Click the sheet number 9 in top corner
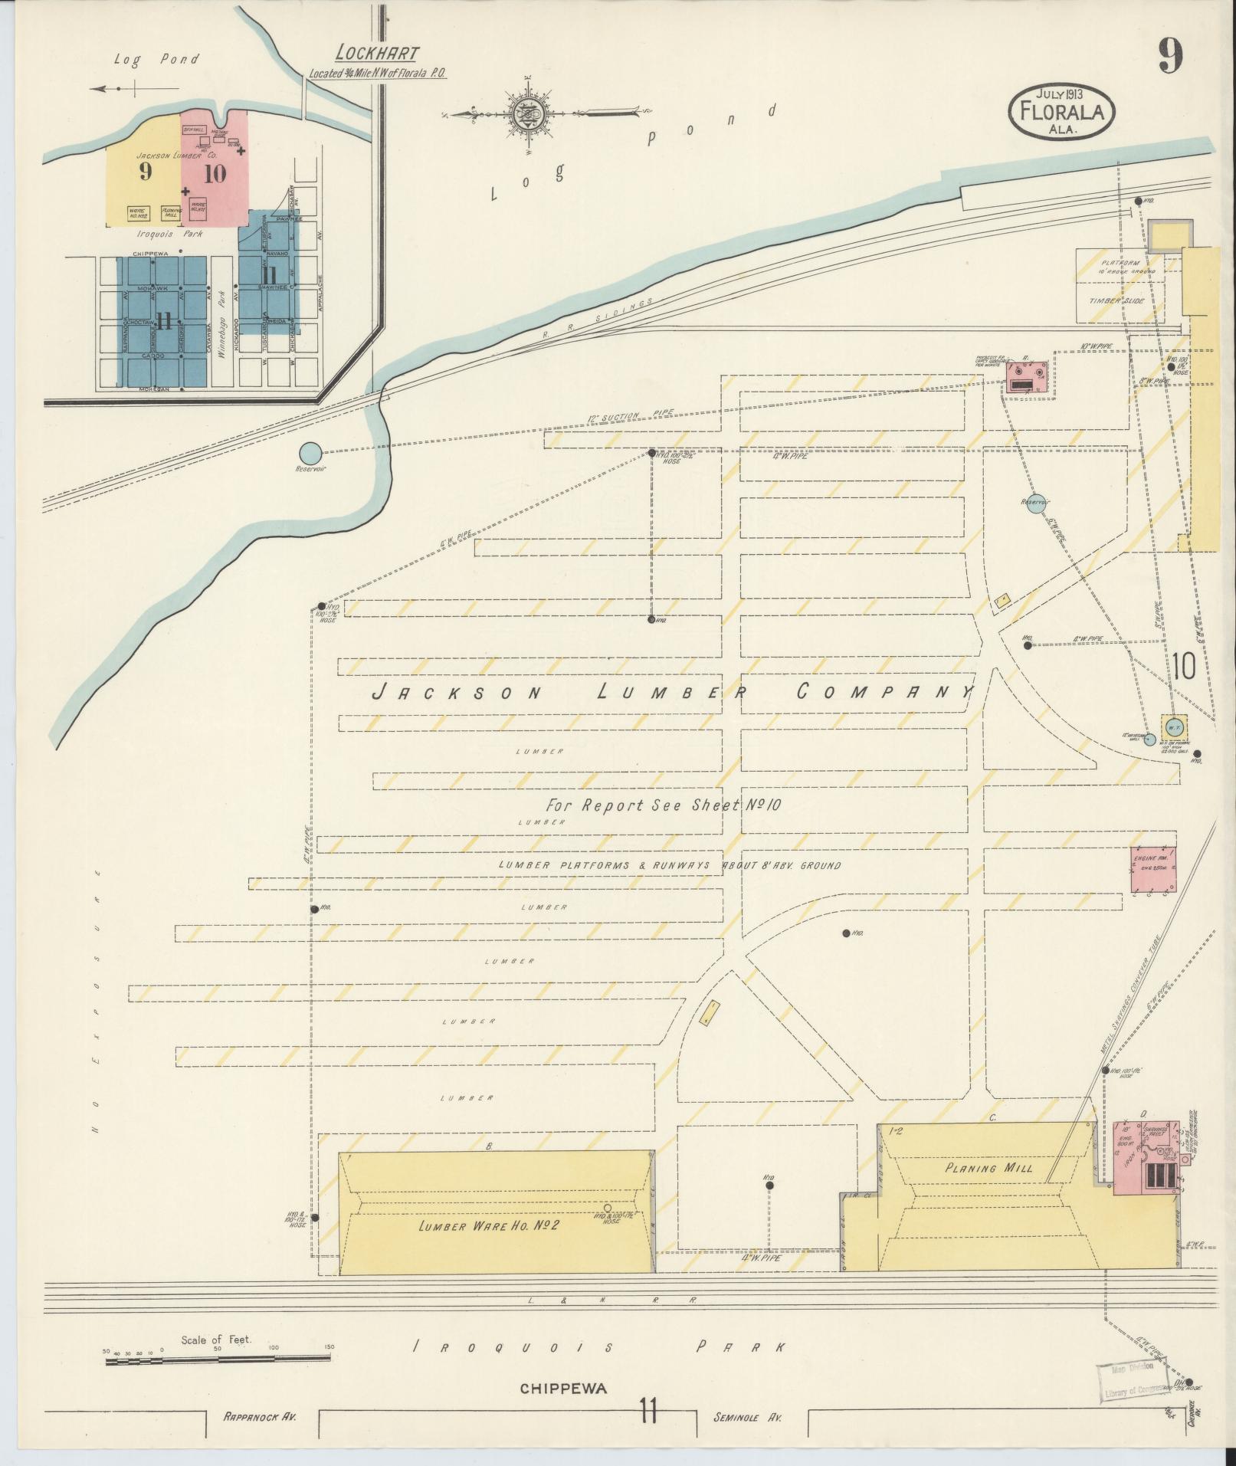coord(1169,56)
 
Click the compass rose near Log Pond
coord(528,113)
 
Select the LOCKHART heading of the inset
coord(377,54)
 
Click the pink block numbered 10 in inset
coord(215,173)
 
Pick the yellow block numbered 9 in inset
coord(145,172)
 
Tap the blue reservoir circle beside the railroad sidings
coord(310,454)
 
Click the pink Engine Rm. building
coord(1153,870)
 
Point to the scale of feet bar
coord(218,1359)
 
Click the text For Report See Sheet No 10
coord(663,805)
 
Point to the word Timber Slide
coord(1117,302)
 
